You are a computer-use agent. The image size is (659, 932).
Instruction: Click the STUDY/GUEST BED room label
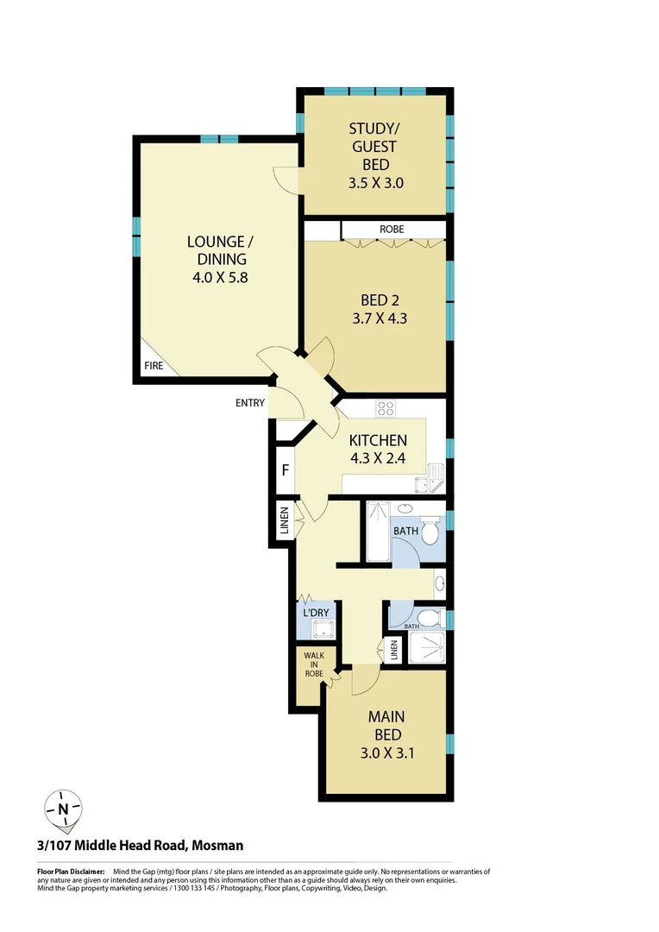pos(375,147)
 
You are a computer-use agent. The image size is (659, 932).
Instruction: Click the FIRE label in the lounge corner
pos(154,366)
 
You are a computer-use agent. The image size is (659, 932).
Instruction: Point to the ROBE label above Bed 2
pos(392,230)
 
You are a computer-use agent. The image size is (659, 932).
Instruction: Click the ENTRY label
pos(249,403)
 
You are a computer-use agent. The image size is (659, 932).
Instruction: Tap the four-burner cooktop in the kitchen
pos(386,409)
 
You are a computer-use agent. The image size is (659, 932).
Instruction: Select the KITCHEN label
pos(378,440)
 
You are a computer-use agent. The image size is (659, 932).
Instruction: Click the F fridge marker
pos(284,471)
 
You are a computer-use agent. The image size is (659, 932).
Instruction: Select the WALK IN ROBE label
pos(312,664)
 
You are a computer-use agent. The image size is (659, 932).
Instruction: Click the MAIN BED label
pos(387,725)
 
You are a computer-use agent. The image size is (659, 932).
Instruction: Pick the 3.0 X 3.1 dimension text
pos(387,753)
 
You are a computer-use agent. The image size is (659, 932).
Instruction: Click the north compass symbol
pos(64,809)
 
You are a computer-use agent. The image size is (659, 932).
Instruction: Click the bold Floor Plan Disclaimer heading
pos(71,872)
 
